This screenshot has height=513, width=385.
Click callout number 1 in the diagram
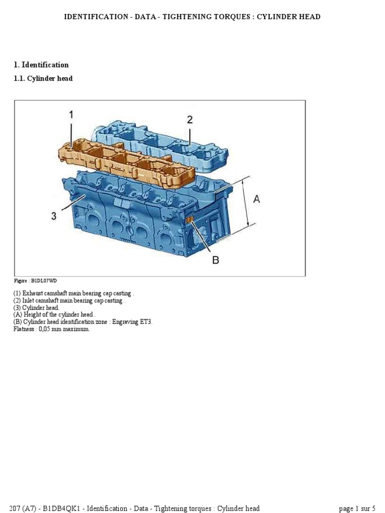tap(71, 115)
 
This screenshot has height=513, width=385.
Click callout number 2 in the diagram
tap(189, 120)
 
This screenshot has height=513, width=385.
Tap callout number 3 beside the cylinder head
tap(54, 216)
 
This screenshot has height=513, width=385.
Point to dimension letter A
tap(257, 199)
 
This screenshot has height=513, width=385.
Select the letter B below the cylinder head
tap(216, 260)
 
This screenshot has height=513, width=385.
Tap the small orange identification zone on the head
tap(190, 220)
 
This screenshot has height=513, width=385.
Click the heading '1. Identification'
tap(41, 65)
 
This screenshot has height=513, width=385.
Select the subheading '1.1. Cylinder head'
tap(43, 79)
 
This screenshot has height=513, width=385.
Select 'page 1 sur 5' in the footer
tap(357, 508)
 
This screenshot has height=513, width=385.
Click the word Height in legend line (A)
tap(32, 315)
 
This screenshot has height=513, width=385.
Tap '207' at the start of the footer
tap(16, 508)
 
